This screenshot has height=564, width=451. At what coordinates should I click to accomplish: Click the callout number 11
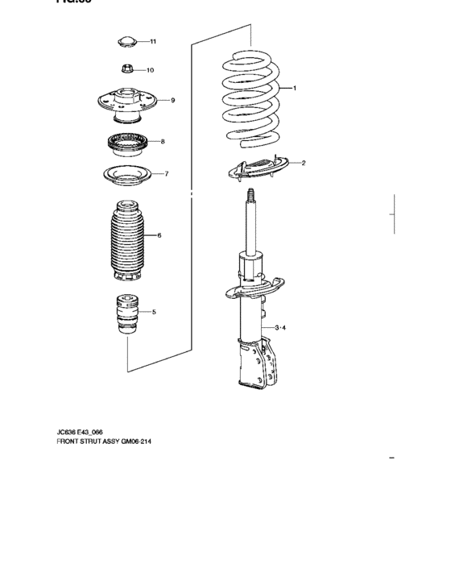pyautogui.click(x=153, y=41)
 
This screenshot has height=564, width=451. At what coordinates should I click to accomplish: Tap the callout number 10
pyautogui.click(x=150, y=70)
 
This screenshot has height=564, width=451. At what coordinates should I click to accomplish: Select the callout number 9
pyautogui.click(x=172, y=100)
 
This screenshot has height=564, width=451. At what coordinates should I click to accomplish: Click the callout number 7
pyautogui.click(x=166, y=173)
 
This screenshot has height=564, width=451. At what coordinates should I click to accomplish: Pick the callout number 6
pyautogui.click(x=159, y=235)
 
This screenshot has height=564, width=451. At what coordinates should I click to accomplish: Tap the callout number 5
pyautogui.click(x=154, y=311)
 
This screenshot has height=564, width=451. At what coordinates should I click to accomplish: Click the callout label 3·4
pyautogui.click(x=280, y=328)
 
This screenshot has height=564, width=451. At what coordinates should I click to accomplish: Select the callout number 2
pyautogui.click(x=303, y=164)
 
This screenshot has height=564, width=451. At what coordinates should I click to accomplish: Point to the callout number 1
pyautogui.click(x=295, y=88)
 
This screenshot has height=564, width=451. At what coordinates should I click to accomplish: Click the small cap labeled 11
pyautogui.click(x=126, y=41)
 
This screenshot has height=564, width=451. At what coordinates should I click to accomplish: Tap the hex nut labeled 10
pyautogui.click(x=126, y=69)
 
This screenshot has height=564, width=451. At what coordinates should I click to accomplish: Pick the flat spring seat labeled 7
pyautogui.click(x=126, y=175)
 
